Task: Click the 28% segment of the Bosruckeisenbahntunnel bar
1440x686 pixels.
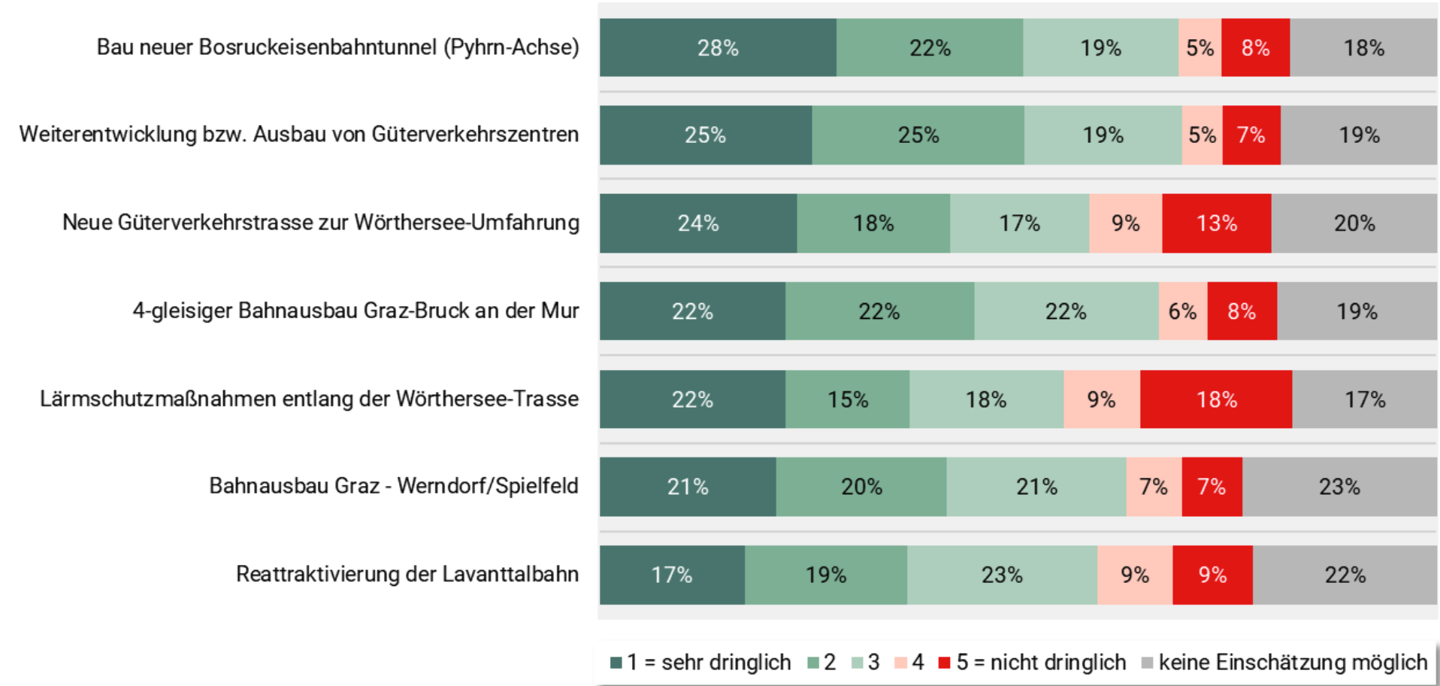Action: [x=718, y=48]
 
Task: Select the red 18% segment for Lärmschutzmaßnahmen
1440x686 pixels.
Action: [x=1216, y=399]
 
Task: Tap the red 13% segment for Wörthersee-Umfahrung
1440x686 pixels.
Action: [x=1216, y=223]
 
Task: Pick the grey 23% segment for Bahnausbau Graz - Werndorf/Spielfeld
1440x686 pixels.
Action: [x=1339, y=487]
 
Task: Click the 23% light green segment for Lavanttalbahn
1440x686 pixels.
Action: [x=1002, y=575]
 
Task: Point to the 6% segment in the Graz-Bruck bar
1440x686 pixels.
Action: [x=1182, y=311]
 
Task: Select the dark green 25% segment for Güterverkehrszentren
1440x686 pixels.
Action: [x=705, y=135]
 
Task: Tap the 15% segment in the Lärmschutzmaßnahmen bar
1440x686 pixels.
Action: [x=848, y=399]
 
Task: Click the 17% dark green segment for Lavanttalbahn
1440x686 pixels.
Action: [x=671, y=575]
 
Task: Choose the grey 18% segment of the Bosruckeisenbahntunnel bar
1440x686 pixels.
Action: [x=1363, y=48]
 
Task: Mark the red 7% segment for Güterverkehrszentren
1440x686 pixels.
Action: [x=1251, y=135]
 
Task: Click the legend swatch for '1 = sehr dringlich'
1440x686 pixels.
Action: [x=616, y=663]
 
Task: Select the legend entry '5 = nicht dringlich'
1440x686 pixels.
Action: [x=1040, y=663]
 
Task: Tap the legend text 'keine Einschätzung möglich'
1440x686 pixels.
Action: [x=1292, y=663]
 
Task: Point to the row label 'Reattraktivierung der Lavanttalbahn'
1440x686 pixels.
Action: [x=407, y=575]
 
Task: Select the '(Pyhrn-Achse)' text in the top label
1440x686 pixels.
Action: [x=511, y=47]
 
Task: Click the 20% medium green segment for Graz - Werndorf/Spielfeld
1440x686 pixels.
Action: [x=861, y=487]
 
